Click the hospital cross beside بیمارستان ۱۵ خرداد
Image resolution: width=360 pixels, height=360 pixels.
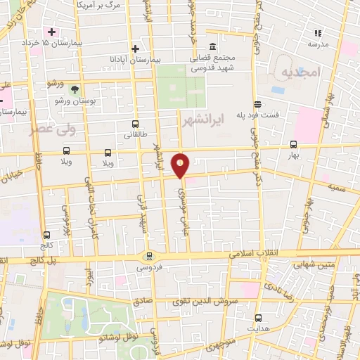click(x=51, y=32)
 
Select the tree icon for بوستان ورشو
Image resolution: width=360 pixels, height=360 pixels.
click(x=75, y=89)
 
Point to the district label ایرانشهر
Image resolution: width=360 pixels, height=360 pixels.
click(x=201, y=121)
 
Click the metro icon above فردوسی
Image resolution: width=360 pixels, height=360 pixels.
click(x=148, y=255)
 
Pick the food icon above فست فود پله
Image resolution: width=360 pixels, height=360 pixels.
click(x=259, y=104)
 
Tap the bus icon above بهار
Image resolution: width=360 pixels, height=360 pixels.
click(x=293, y=144)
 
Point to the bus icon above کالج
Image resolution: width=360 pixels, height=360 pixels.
click(x=47, y=236)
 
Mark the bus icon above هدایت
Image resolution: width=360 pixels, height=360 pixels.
click(x=258, y=317)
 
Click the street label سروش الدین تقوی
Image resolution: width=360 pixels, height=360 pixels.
click(x=205, y=301)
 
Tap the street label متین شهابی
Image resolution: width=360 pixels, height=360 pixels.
click(x=297, y=265)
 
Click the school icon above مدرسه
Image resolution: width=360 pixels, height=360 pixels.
click(x=318, y=32)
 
